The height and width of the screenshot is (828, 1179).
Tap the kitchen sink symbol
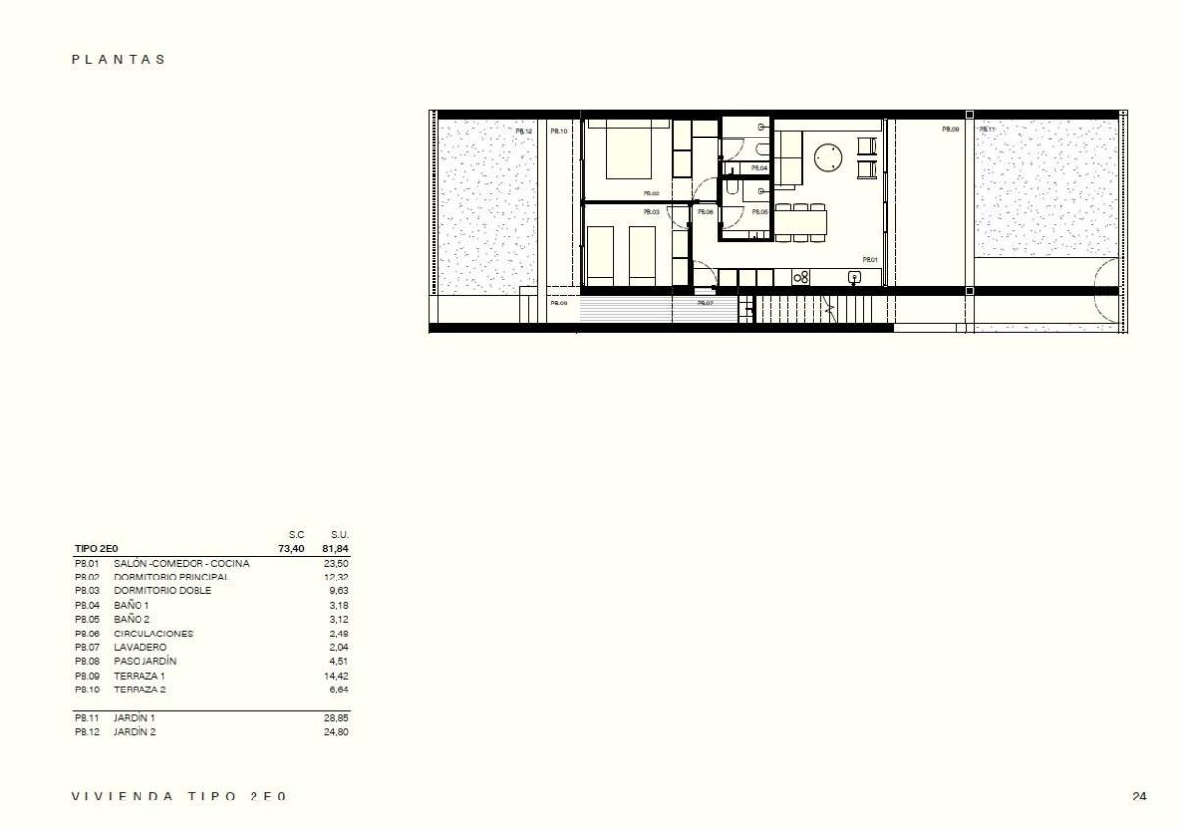854,277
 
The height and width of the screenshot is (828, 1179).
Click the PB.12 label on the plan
524,131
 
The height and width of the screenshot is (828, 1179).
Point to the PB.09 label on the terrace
950,130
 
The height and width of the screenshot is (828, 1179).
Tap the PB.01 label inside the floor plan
870,260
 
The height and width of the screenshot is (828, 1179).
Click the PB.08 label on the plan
558,304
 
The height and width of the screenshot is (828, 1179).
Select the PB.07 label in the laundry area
704,304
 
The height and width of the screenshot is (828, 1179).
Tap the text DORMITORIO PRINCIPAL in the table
172,578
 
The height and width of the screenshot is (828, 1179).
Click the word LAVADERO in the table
140,647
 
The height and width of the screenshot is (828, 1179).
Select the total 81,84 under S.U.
335,548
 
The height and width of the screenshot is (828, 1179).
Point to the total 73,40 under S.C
291,548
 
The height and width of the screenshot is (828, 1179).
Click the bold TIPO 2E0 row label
96,548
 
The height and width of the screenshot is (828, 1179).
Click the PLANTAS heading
119,59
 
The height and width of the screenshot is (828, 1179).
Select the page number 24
1139,797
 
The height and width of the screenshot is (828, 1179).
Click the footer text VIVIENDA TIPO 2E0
179,797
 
